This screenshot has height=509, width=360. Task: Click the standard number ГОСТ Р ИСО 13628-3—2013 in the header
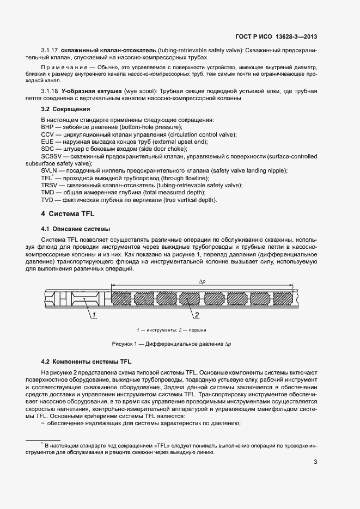[x=276, y=37]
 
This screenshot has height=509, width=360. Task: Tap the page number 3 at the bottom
[x=315, y=463]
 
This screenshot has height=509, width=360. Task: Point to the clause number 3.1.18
[x=50, y=90]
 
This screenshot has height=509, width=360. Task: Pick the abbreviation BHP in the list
[x=47, y=126]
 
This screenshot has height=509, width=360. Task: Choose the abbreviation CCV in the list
[x=47, y=134]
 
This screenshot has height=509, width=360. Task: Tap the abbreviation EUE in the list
[x=47, y=142]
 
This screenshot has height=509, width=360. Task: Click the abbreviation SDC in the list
[x=47, y=149]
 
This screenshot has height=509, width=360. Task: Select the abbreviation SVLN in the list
[x=49, y=171]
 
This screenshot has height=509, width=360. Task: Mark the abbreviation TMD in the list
[x=47, y=193]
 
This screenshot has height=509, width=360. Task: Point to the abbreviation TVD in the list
[x=47, y=200]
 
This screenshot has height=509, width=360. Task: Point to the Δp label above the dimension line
[x=202, y=281]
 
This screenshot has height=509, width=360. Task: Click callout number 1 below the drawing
[x=94, y=315]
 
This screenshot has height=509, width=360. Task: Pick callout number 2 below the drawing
[x=197, y=315]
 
